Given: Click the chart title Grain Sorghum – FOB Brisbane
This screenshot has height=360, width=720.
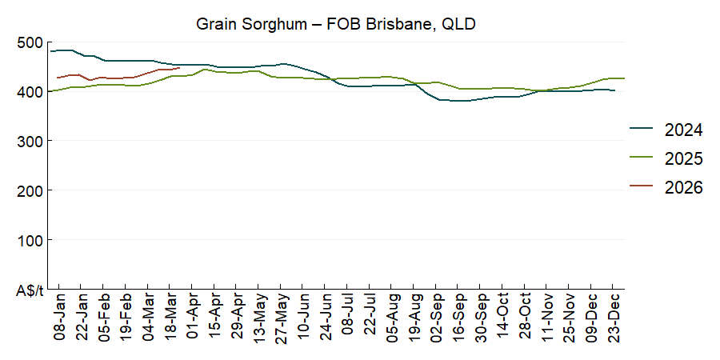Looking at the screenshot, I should click(336, 24).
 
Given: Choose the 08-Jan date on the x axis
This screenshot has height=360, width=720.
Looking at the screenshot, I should click(59, 318).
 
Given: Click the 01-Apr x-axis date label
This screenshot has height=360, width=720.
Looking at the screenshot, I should click(192, 318).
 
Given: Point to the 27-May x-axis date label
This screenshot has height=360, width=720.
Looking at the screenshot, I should click(281, 318).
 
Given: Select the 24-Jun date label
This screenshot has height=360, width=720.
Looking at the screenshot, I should click(326, 318).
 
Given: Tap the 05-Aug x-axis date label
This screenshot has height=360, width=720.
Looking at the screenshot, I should click(392, 318).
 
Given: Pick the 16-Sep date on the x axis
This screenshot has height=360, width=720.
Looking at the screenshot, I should click(458, 318).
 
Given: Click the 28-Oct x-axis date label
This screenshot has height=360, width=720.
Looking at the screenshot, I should click(525, 318).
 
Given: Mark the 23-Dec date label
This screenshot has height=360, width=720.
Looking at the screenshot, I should click(614, 318).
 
